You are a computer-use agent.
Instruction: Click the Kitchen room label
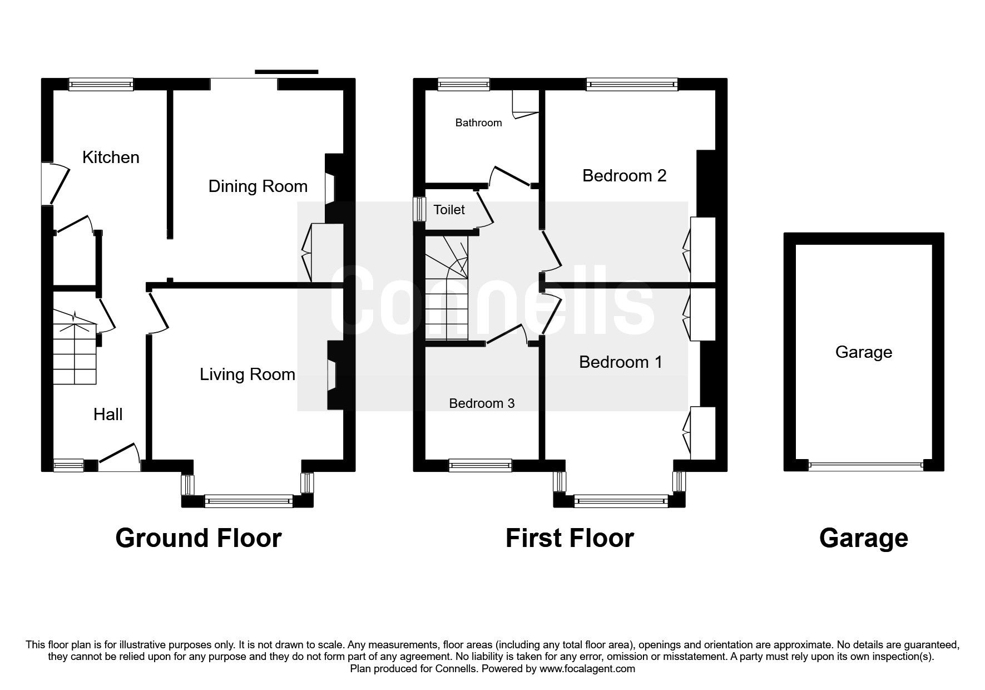(111, 157)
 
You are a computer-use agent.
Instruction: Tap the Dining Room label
(258, 186)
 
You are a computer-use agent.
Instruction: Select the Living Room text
(248, 374)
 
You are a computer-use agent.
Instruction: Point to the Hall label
(108, 415)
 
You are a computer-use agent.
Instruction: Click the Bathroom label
(478, 123)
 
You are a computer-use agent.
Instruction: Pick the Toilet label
(449, 210)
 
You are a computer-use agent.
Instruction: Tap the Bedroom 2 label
(624, 176)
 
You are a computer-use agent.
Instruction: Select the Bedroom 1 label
(621, 362)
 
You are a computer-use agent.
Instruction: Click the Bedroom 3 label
(482, 403)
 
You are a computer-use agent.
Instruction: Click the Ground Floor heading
(199, 539)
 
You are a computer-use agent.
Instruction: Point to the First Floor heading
(570, 539)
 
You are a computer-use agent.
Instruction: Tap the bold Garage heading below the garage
(863, 539)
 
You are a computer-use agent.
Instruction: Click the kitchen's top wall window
(101, 84)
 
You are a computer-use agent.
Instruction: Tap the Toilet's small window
(418, 209)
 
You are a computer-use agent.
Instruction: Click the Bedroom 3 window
(480, 465)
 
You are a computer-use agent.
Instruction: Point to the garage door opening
(865, 465)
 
